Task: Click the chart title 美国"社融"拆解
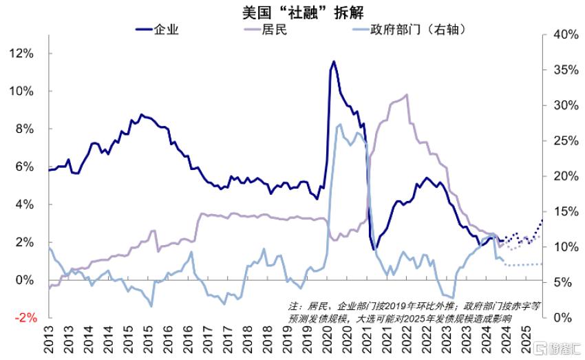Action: coord(303,13)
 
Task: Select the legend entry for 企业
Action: coord(157,30)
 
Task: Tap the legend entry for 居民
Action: coord(265,30)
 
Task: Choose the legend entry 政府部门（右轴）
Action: coord(409,30)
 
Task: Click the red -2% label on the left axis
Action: coord(25,318)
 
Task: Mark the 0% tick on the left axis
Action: coord(25,279)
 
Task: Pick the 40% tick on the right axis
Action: coord(566,34)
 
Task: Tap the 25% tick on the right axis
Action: coord(566,140)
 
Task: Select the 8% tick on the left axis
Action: coord(25,129)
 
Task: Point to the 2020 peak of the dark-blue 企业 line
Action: coord(334,61)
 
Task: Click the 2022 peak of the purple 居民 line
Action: coord(406,94)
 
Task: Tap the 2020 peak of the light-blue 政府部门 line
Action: coord(340,124)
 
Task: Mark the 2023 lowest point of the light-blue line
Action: coord(453,298)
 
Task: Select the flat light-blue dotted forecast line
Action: coord(523,264)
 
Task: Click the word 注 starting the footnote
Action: coord(293,306)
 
